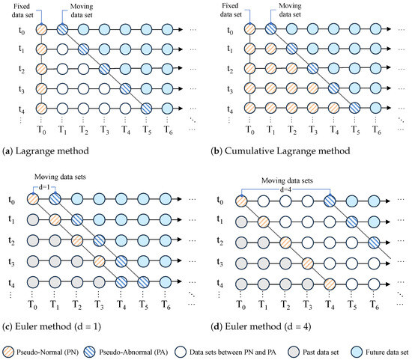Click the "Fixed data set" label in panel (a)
17,9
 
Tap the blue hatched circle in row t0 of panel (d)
330,201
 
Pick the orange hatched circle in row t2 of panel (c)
77,242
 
